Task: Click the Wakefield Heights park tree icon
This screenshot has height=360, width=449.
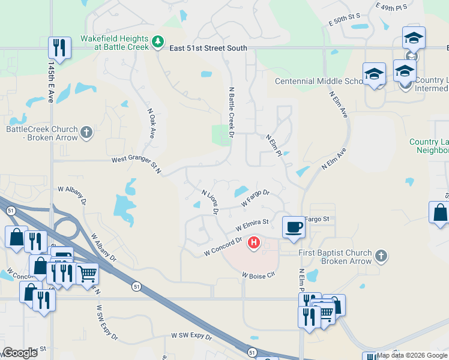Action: click(157, 41)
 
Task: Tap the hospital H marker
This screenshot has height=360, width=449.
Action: click(254, 243)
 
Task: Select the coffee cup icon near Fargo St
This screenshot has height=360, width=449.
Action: click(293, 227)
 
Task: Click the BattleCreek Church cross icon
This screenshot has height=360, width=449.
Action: click(86, 133)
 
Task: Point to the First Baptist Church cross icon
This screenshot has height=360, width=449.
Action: click(379, 256)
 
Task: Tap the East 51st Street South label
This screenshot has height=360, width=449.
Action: click(208, 48)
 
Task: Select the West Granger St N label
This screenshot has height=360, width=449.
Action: click(137, 164)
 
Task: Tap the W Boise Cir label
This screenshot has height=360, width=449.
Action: click(258, 275)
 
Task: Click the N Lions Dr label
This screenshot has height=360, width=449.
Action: click(209, 203)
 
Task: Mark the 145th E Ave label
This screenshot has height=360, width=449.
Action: click(52, 82)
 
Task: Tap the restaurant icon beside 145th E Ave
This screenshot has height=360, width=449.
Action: click(59, 47)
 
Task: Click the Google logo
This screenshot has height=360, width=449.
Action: click(20, 353)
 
